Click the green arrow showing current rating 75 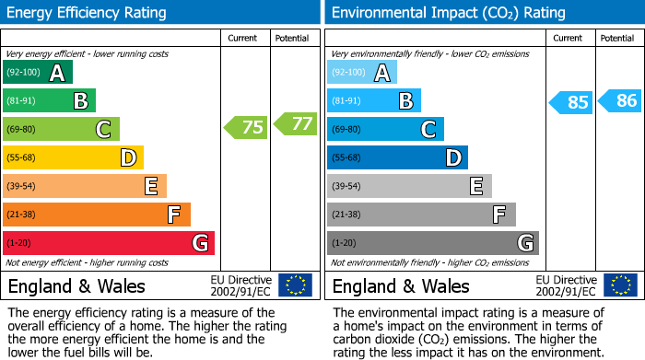click(x=246, y=128)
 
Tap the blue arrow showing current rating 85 click(x=570, y=102)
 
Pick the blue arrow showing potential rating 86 click(x=619, y=101)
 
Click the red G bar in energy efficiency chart click(x=109, y=243)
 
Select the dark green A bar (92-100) click(x=38, y=73)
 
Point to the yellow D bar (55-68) click(x=73, y=157)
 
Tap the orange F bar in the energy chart click(x=97, y=215)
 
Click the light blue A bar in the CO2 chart click(x=362, y=73)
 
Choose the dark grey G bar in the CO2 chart click(x=432, y=243)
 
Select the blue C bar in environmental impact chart click(x=385, y=129)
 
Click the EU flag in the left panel click(x=295, y=285)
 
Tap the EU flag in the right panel click(x=619, y=285)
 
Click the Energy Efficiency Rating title click(x=88, y=13)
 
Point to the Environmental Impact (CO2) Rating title click(x=448, y=13)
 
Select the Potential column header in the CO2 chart click(x=616, y=38)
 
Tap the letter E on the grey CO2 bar click(x=475, y=186)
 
